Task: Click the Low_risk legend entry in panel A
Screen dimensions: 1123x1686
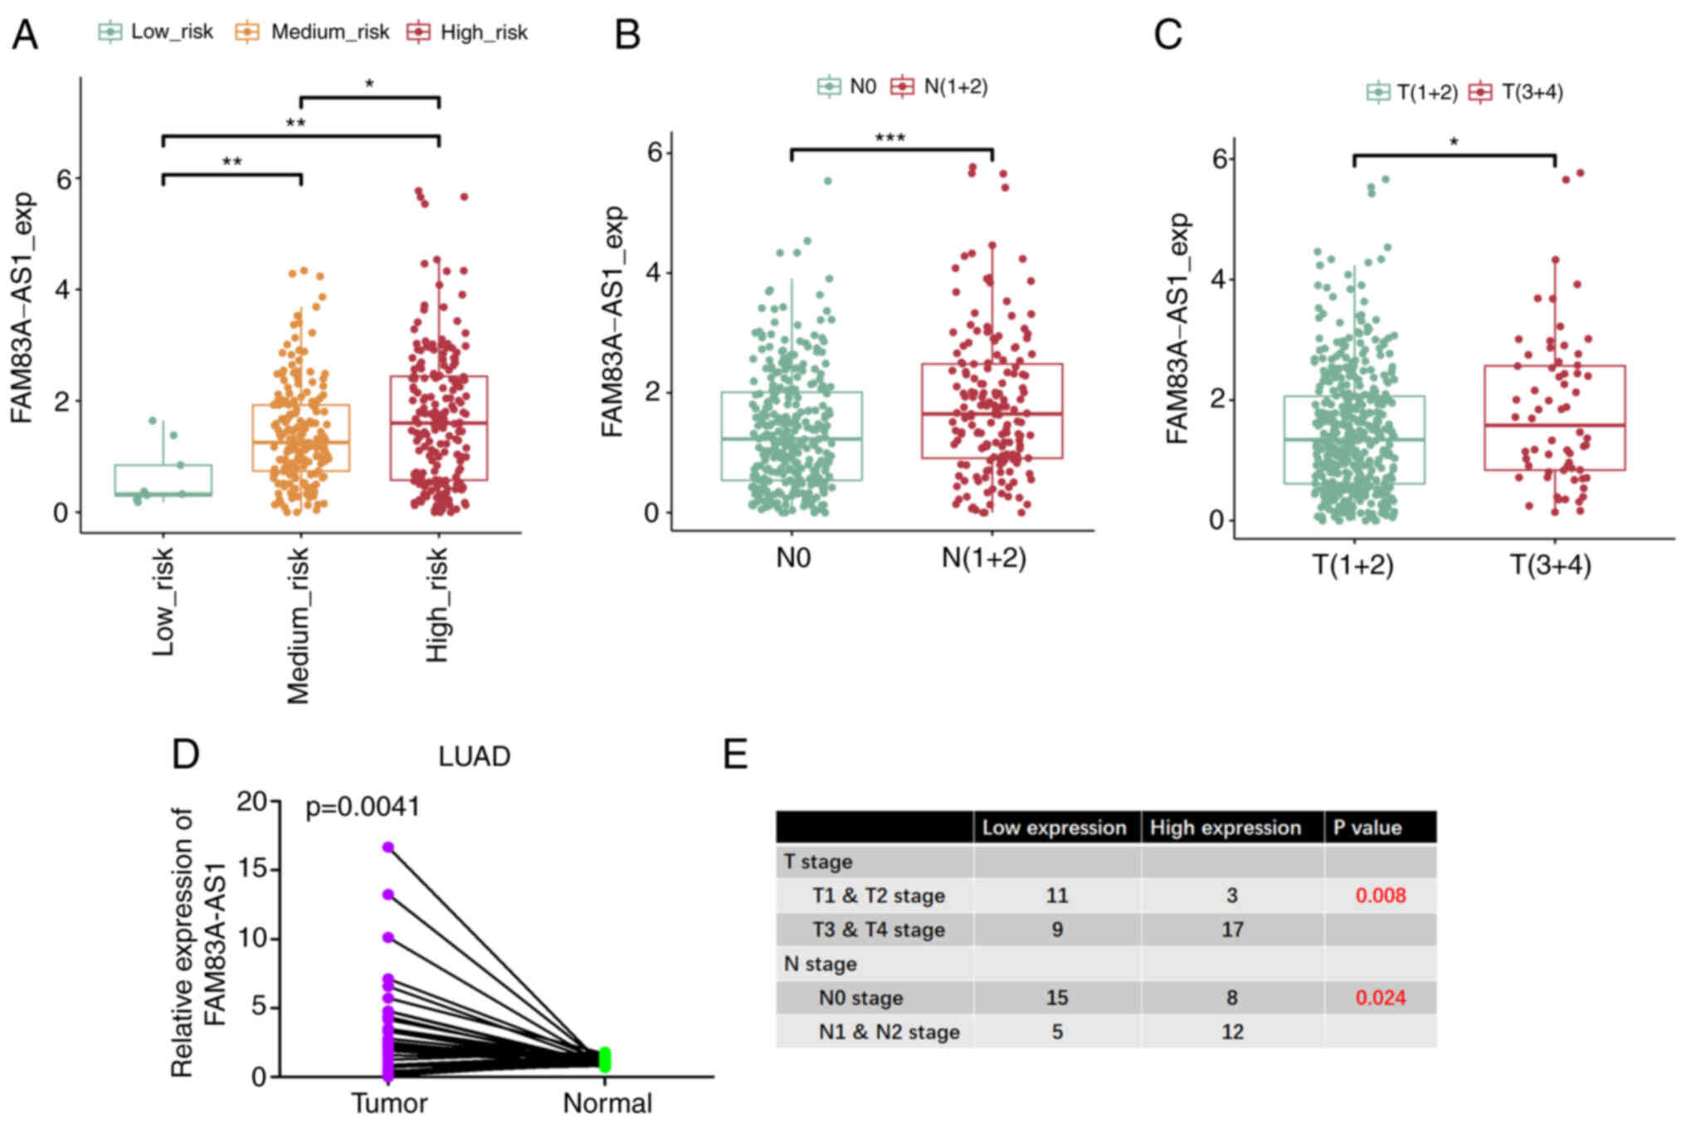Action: pos(157,32)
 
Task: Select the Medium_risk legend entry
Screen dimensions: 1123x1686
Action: pos(314,32)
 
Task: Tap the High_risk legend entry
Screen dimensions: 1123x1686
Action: pos(468,32)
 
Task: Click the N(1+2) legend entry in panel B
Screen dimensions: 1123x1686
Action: pos(940,86)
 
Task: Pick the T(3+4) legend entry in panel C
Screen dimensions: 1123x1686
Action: pos(1517,91)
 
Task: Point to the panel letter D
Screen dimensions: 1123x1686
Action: pos(186,754)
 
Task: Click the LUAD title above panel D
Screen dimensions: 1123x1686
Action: pos(475,756)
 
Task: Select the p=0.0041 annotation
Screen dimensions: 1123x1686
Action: pos(363,806)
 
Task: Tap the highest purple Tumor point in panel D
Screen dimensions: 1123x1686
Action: pos(387,847)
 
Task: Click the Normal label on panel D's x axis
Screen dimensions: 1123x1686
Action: pos(607,1103)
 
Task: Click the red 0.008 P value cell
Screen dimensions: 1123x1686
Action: pos(1381,896)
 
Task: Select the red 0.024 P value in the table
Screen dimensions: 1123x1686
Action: pos(1381,998)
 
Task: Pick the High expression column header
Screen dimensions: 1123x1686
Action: pos(1226,828)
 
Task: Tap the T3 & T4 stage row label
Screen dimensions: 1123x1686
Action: pos(879,930)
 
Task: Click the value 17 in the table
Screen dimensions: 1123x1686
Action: pos(1232,930)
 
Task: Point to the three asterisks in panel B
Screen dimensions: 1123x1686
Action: pos(890,137)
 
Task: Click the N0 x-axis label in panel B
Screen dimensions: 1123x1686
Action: pos(793,558)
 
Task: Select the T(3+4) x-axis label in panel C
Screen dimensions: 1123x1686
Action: pos(1550,565)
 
